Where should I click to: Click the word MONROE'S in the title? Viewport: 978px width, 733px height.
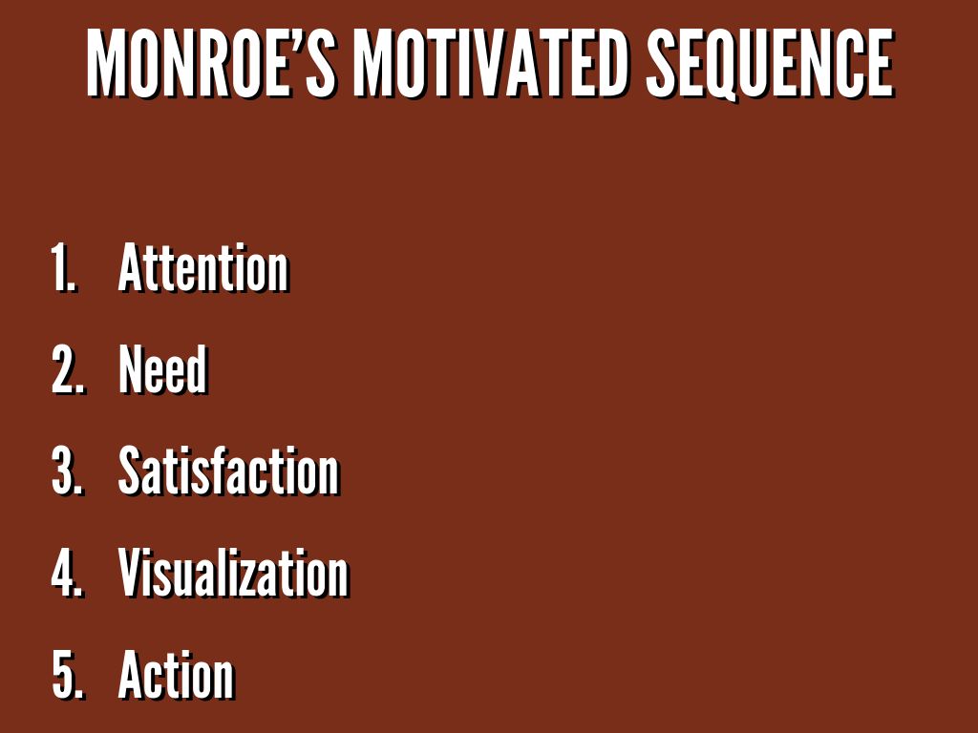211,64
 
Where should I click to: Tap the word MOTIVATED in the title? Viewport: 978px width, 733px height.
490,64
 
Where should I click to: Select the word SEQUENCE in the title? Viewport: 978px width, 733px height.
770,64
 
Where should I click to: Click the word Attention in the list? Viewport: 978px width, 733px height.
203,267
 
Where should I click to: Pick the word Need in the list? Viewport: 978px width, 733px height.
162,368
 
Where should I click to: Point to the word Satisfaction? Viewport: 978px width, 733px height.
229,471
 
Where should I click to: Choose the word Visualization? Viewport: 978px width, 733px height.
233,573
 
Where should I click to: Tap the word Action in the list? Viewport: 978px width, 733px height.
176,675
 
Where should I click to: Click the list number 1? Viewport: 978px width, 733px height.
63,268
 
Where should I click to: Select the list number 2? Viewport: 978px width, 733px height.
68,369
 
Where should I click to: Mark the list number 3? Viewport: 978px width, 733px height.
68,471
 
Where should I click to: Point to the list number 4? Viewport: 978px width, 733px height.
68,573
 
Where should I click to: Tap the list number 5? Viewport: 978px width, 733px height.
68,675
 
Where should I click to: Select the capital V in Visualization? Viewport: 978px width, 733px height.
133,573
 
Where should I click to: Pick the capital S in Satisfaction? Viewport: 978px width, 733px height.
132,471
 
